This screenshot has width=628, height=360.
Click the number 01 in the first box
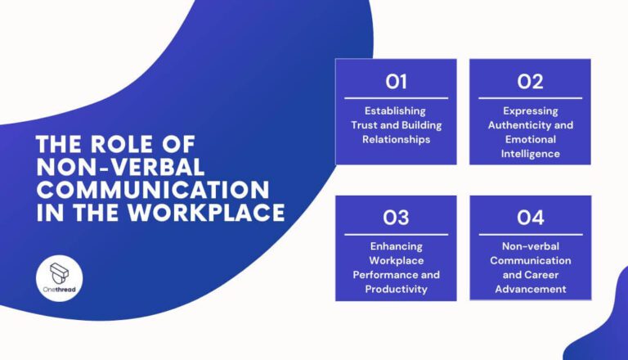coord(396,81)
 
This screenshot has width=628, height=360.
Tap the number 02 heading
coord(530,81)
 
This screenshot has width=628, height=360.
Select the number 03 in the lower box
coord(396,218)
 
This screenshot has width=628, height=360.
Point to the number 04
coord(530,218)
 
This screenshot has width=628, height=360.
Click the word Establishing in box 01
coord(395,111)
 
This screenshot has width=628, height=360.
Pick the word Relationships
coord(396,140)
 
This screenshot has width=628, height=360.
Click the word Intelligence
coord(530,154)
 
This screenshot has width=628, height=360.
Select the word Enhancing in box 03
coord(396,246)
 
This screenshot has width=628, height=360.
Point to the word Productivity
coord(396,289)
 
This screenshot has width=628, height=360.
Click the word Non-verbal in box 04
coord(530,246)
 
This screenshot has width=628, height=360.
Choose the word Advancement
coord(530,289)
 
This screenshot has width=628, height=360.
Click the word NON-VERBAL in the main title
coord(120,167)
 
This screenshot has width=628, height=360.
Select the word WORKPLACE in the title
coord(206,213)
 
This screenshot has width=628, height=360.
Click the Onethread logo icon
coord(59,273)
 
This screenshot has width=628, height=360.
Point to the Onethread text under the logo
coord(59,290)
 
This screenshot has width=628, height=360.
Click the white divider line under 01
coord(396,98)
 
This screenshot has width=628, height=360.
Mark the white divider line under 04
coord(531,235)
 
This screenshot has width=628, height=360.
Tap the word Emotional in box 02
coord(530,140)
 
